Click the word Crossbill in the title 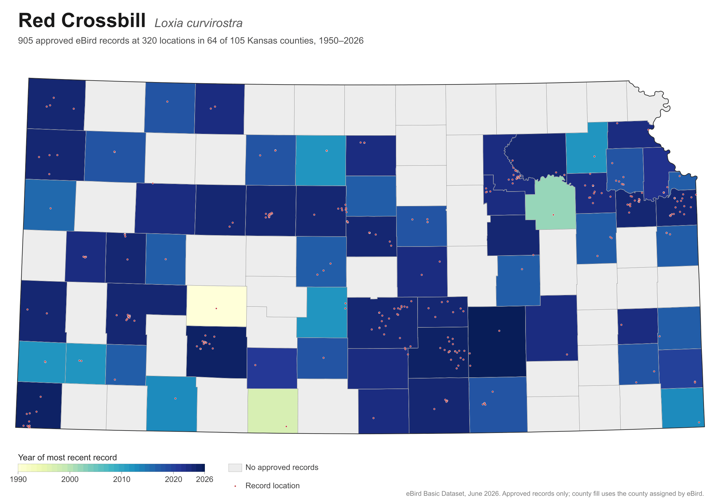coord(103,21)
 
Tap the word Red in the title coord(37,21)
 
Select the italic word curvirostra coord(215,23)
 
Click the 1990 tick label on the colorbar coord(18,480)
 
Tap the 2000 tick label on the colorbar coord(70,480)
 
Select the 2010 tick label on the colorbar coord(122,480)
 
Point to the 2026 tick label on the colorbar coord(205,480)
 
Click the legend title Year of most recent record coord(67,457)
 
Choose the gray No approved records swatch coord(235,468)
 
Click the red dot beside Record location coord(235,486)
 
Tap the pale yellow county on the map coord(217,306)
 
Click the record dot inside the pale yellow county coord(216,308)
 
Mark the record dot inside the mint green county coord(554,215)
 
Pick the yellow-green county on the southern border coord(273,411)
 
